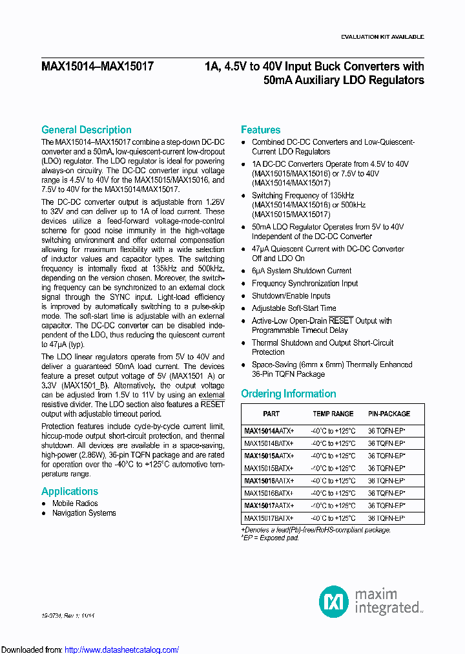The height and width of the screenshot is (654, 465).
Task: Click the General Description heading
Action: (86, 130)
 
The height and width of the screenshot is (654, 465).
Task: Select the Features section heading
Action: (260, 130)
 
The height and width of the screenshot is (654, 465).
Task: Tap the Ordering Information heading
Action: (288, 394)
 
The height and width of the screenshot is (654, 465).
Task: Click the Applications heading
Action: (70, 491)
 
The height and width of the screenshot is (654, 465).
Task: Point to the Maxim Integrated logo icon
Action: (334, 602)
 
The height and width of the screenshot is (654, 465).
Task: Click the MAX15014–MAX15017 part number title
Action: (98, 66)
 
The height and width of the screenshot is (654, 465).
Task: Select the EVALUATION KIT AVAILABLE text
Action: (382, 37)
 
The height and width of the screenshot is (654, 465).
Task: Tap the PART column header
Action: (271, 414)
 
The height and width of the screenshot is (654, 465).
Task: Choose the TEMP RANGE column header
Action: (333, 414)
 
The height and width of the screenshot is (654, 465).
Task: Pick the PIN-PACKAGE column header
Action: (389, 414)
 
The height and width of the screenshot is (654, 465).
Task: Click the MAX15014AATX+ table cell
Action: (269, 431)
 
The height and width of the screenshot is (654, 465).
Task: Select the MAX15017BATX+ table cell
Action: (269, 518)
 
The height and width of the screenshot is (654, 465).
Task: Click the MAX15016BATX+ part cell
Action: (269, 493)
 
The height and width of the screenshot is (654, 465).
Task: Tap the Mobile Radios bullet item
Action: (75, 503)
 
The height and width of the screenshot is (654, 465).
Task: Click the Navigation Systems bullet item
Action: (84, 513)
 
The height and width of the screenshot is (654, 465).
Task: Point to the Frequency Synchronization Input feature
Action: (305, 283)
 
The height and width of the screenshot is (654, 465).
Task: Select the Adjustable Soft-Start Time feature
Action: (294, 308)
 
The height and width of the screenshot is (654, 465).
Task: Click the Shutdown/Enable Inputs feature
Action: (291, 296)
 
